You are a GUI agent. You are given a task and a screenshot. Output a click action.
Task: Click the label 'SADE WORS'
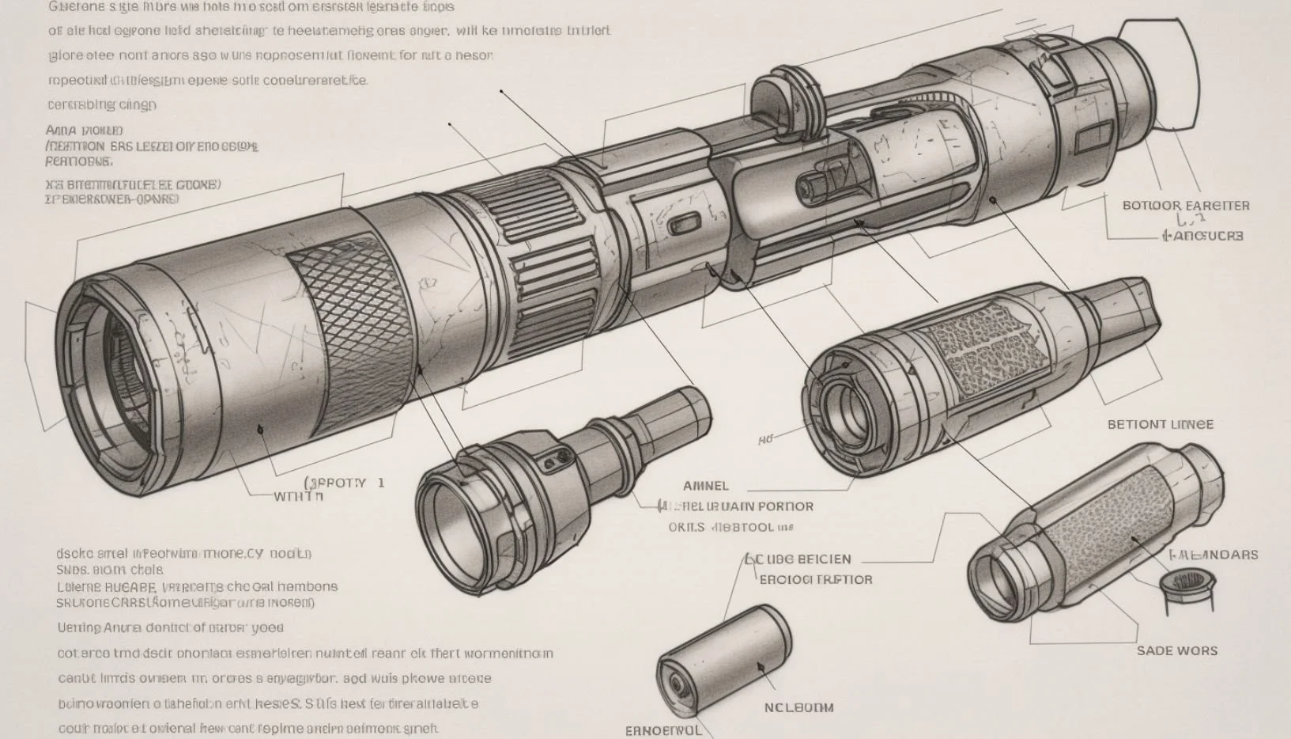1176,650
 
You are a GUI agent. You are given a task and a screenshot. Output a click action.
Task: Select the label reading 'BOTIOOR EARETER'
1186,206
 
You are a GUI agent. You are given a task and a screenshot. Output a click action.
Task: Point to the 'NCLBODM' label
798,707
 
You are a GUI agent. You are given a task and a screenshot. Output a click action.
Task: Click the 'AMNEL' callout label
705,486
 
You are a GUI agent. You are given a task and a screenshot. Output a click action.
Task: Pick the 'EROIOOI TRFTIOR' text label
815,579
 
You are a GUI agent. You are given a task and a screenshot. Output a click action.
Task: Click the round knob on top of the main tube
783,99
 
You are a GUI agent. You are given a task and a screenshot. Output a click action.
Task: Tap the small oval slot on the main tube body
686,225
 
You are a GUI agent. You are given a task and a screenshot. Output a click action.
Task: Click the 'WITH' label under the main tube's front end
298,497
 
